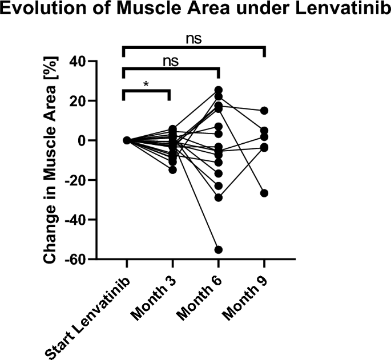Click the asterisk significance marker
point(147,84)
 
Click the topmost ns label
point(194,39)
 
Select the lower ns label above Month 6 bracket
point(171,61)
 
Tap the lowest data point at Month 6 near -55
point(218,249)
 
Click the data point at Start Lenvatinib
point(127,140)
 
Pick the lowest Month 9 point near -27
point(264,193)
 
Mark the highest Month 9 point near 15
point(264,111)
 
